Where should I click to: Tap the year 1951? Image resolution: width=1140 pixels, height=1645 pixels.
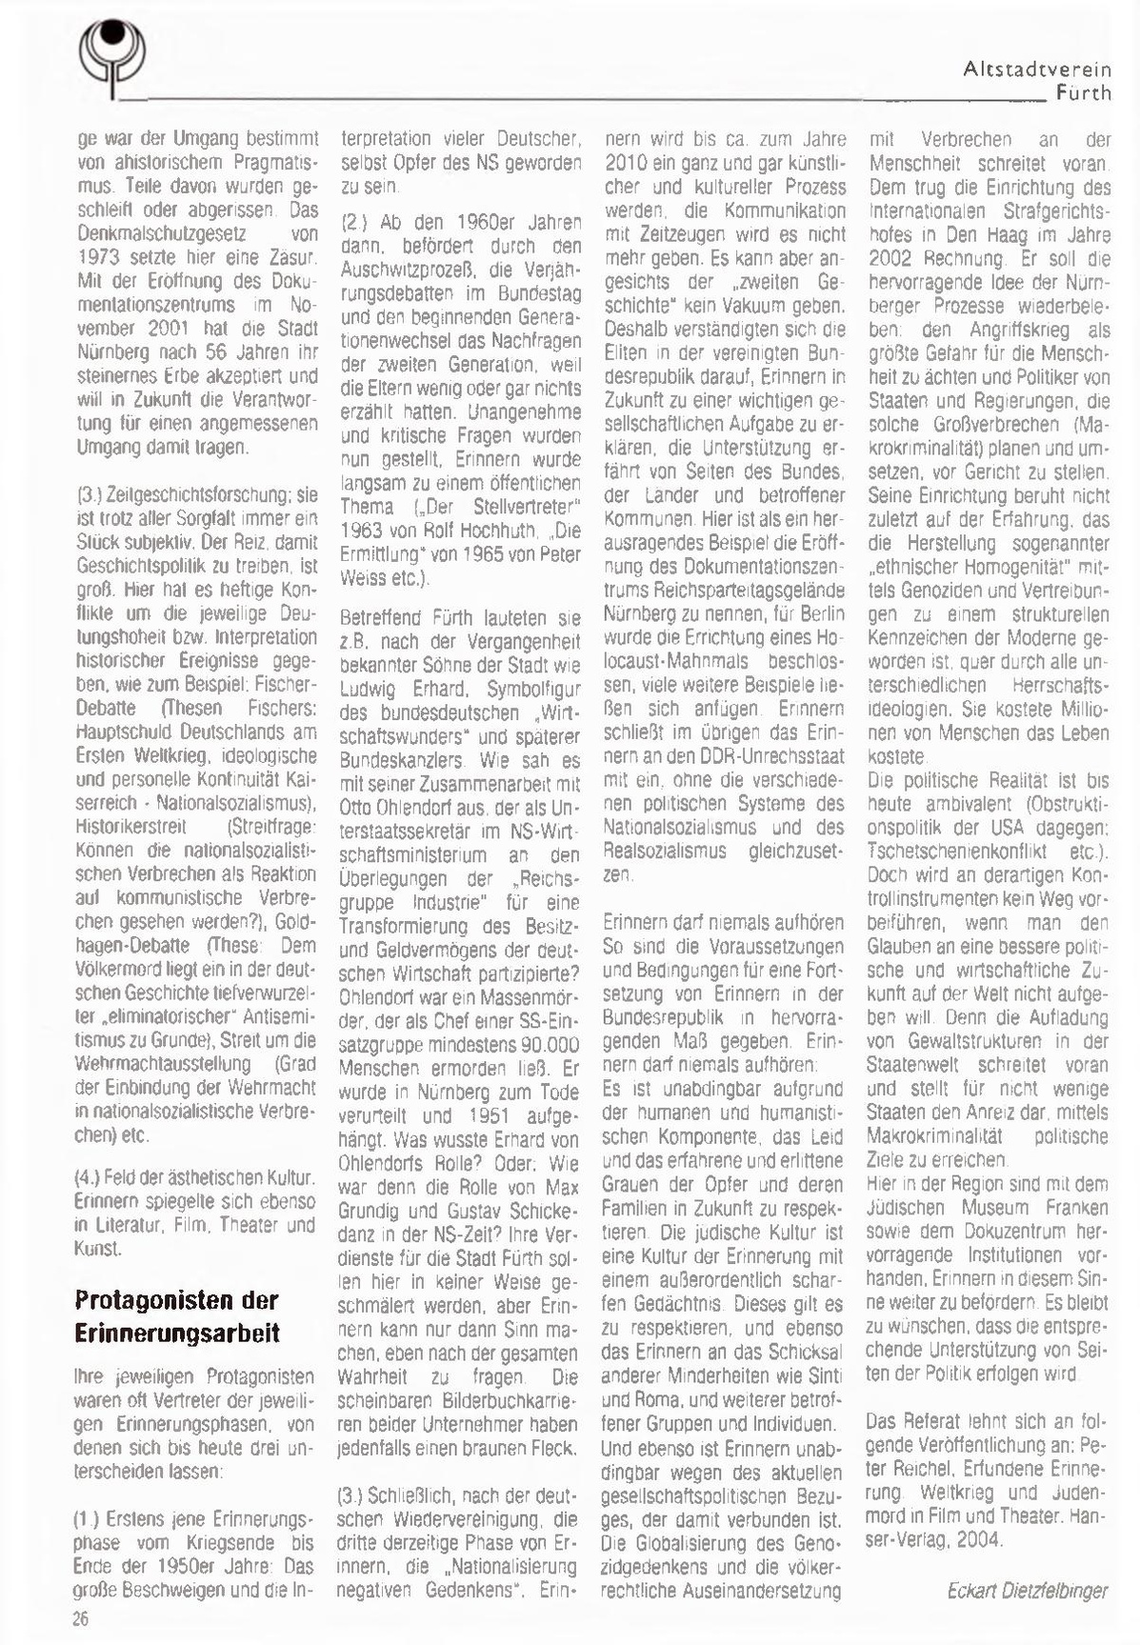pos(490,1116)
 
